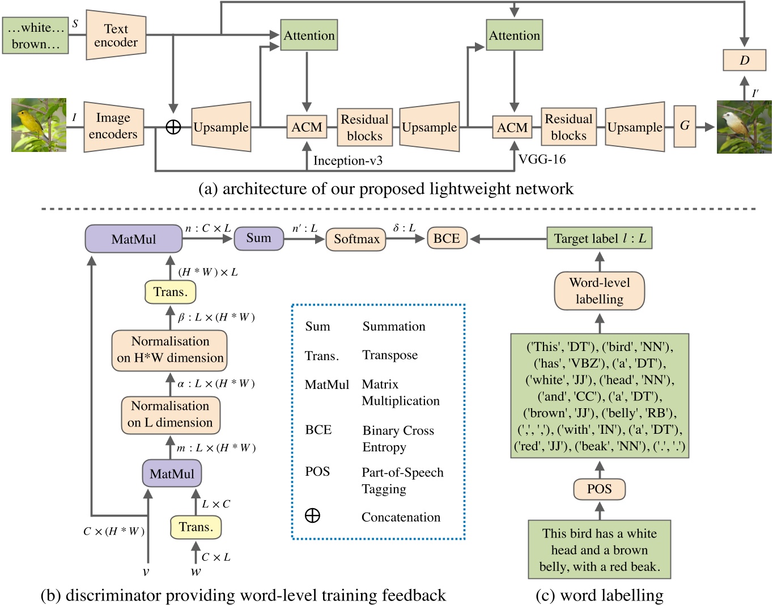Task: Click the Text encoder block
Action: [x=116, y=35]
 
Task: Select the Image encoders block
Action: [x=114, y=126]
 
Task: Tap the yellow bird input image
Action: [x=39, y=125]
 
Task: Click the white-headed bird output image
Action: [x=744, y=127]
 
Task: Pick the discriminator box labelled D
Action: [x=745, y=60]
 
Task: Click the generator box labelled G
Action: [x=685, y=126]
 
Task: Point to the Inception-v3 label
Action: [x=348, y=160]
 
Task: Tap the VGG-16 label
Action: [x=542, y=159]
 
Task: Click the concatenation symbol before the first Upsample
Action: [x=173, y=127]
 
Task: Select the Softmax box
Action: [x=356, y=239]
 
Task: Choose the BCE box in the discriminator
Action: [x=447, y=238]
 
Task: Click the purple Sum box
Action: [x=258, y=238]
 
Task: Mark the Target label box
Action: [x=600, y=238]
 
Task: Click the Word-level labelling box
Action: [x=600, y=291]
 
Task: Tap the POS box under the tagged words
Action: [x=600, y=489]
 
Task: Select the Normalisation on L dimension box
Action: [x=171, y=415]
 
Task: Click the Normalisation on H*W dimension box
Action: [x=169, y=350]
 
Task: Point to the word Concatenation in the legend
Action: [x=401, y=517]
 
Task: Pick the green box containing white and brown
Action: [x=35, y=36]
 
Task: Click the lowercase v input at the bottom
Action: [x=146, y=572]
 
